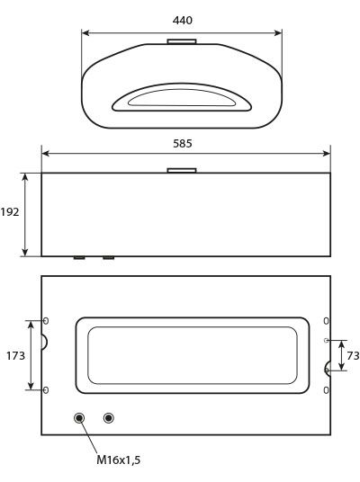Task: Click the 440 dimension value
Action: [x=183, y=21]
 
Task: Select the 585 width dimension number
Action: [x=183, y=143]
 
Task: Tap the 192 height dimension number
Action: [x=10, y=212]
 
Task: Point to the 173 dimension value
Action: [x=15, y=356]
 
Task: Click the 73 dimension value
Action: [x=353, y=356]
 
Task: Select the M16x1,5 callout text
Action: [x=119, y=460]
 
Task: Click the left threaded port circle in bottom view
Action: [x=79, y=418]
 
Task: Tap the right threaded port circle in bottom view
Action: [x=108, y=418]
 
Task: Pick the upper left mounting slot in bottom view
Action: [x=46, y=321]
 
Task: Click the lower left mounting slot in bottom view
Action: [x=46, y=390]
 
